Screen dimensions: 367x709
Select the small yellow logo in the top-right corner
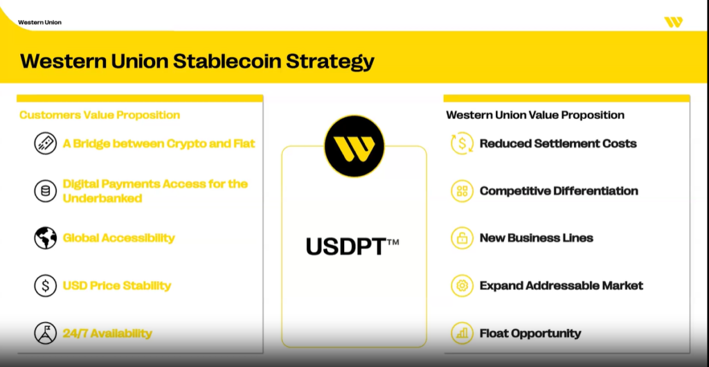pyautogui.click(x=673, y=22)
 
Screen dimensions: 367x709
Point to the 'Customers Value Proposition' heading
pyautogui.click(x=100, y=115)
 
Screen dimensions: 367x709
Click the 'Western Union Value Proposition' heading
pyautogui.click(x=535, y=115)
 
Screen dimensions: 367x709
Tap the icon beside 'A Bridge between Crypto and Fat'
pyautogui.click(x=46, y=143)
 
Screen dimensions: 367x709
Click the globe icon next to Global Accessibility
pyautogui.click(x=46, y=238)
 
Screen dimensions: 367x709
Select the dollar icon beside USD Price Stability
pyautogui.click(x=46, y=285)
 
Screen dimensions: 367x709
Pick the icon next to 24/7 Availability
pyautogui.click(x=46, y=333)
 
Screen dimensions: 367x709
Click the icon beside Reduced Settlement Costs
pyautogui.click(x=462, y=143)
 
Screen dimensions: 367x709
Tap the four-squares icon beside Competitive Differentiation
pyautogui.click(x=462, y=190)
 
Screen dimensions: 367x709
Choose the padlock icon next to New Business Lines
pyautogui.click(x=462, y=238)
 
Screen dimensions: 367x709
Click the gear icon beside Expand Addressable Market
pyautogui.click(x=462, y=285)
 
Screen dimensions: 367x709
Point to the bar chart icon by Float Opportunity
pyautogui.click(x=462, y=333)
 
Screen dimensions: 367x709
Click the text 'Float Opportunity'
pyautogui.click(x=530, y=333)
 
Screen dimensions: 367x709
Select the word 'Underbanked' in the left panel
pyautogui.click(x=102, y=198)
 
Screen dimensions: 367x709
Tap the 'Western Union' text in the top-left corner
pyautogui.click(x=39, y=22)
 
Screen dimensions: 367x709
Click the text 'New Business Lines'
pyautogui.click(x=537, y=238)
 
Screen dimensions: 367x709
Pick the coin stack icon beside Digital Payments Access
pyautogui.click(x=46, y=190)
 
